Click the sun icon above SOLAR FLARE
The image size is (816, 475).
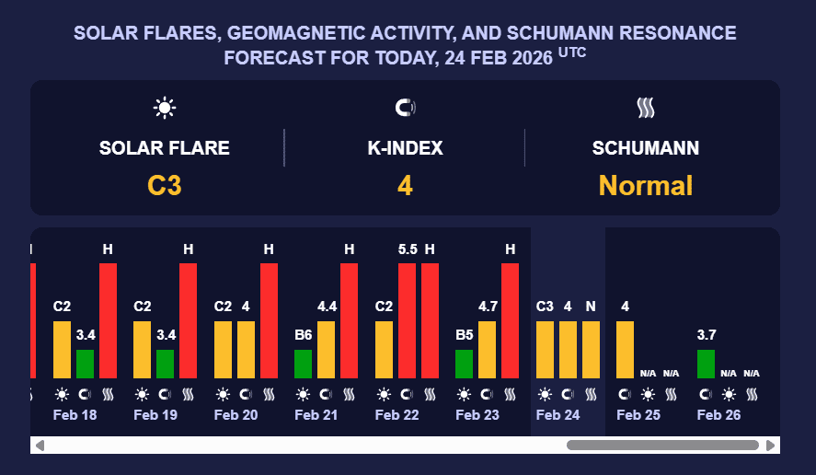click(165, 108)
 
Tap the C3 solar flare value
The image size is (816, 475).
click(165, 185)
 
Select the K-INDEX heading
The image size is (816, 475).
click(405, 147)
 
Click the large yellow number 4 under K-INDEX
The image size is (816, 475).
click(405, 185)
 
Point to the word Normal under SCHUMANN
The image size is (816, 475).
click(645, 185)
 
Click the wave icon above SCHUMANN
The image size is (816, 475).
click(645, 108)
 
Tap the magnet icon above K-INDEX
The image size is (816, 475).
click(405, 108)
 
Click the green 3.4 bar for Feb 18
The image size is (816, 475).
click(85, 364)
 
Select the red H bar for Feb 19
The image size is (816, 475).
click(189, 320)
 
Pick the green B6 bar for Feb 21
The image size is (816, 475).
click(304, 364)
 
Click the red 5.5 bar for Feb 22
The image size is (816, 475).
click(407, 320)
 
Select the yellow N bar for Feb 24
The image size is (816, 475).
click(591, 349)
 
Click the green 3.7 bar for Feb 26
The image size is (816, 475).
click(706, 364)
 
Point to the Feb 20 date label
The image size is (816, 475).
click(236, 415)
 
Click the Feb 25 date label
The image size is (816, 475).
click(638, 415)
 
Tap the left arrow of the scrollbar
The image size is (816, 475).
click(40, 446)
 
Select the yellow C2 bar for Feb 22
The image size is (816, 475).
click(384, 349)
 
